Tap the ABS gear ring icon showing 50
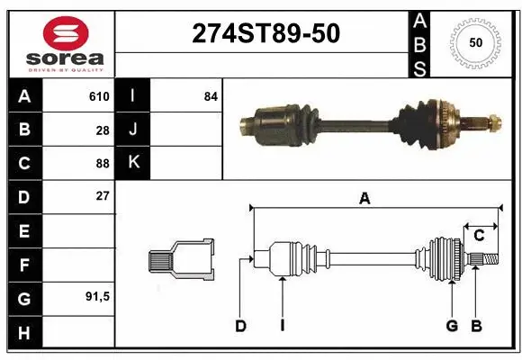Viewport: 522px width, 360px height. point(474,42)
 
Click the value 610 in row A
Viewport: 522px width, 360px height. point(98,96)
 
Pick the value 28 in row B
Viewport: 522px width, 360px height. point(103,130)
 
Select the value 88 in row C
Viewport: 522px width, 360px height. point(103,164)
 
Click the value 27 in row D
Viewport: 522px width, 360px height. point(103,196)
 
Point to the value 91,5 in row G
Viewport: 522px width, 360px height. point(97,296)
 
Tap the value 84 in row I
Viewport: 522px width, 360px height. point(210,96)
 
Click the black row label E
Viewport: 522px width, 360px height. point(23,231)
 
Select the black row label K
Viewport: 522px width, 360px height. point(133,163)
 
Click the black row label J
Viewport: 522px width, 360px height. point(133,130)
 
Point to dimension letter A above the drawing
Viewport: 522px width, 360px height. point(364,200)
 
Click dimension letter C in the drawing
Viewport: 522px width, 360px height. point(480,236)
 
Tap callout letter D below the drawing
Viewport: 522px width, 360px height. point(240,326)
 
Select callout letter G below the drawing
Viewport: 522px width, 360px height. point(452,326)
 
